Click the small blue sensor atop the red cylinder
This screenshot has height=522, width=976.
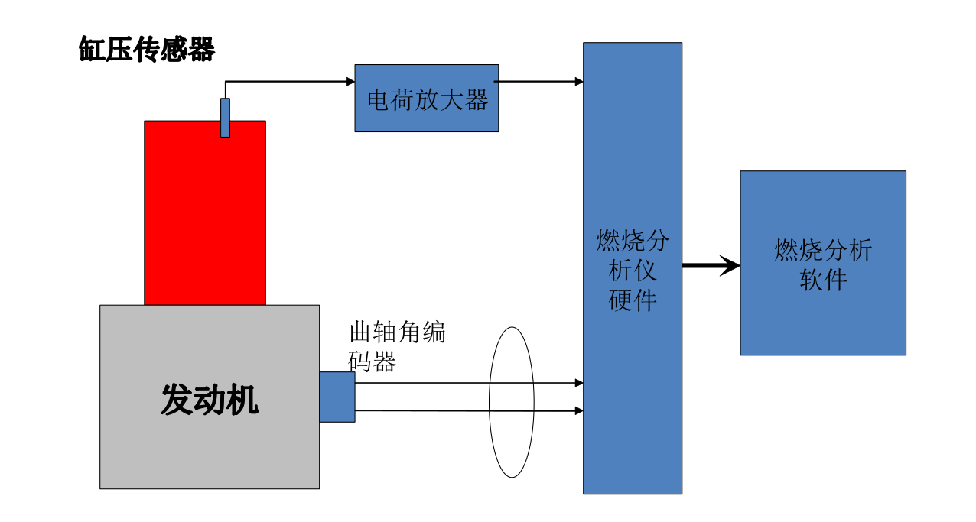pos(225,118)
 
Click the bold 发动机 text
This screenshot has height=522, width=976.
pos(210,399)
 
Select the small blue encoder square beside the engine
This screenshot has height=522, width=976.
pos(337,397)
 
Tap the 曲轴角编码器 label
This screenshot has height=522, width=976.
pos(396,345)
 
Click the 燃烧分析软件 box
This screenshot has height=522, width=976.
pos(822,321)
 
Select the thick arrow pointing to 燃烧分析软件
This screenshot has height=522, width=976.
pos(711,266)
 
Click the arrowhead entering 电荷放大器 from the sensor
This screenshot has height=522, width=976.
pos(350,82)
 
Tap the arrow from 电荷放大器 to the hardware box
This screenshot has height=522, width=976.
pos(540,82)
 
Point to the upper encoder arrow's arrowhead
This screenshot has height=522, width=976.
pos(579,383)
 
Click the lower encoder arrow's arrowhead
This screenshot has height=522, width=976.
pos(579,410)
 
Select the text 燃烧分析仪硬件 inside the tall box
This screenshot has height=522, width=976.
pos(633,271)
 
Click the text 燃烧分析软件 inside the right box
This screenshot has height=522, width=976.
pos(823,264)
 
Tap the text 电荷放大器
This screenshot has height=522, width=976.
pos(427,99)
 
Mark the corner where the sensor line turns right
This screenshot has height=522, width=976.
pos(225,82)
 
